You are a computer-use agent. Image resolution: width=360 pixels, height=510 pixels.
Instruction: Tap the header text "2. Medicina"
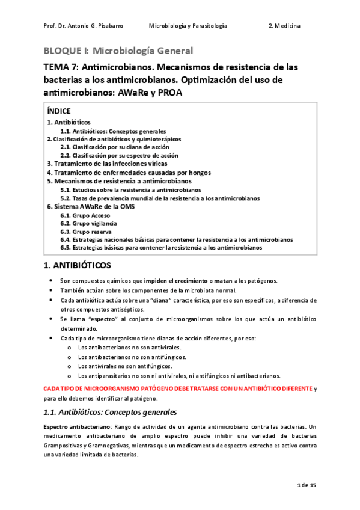pos(285,26)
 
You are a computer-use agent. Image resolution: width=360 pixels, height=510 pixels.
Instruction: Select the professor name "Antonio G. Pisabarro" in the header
pos(90,26)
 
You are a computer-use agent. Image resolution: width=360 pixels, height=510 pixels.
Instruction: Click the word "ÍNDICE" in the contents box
pos(59,111)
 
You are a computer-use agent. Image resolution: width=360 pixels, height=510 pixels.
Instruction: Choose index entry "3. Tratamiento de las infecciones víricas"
pos(107,164)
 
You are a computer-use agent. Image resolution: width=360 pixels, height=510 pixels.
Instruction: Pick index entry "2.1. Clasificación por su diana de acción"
pos(115,147)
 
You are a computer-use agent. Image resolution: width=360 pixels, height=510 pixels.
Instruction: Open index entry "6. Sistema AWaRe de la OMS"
pos(91,206)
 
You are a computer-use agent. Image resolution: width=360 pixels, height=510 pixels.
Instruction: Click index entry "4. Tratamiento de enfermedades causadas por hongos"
pos(129,172)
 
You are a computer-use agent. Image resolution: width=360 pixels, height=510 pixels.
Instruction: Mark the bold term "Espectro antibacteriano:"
pos(76,426)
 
